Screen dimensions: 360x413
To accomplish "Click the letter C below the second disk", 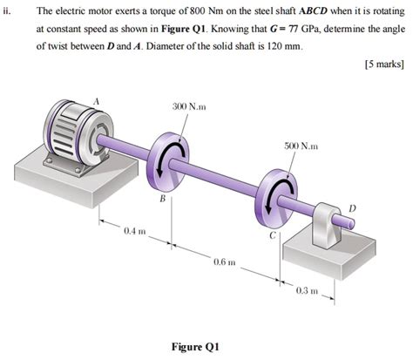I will pos(273,234).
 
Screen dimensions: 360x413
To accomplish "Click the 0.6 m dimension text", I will pos(224,262).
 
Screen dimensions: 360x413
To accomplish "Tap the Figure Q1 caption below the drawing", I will pos(196,346).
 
